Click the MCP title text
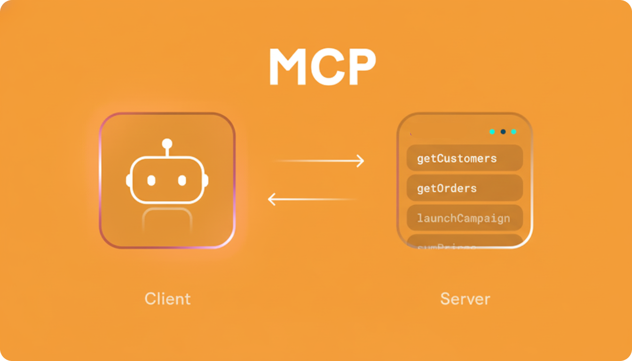(x=322, y=67)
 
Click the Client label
(x=167, y=299)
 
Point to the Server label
(x=465, y=299)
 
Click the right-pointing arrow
(x=320, y=161)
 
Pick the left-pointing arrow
(x=313, y=199)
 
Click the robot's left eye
(x=151, y=180)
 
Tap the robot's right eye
(x=182, y=180)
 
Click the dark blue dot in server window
(x=503, y=132)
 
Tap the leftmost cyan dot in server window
(x=492, y=132)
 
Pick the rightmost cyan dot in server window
(x=513, y=132)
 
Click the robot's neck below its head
(x=167, y=219)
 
